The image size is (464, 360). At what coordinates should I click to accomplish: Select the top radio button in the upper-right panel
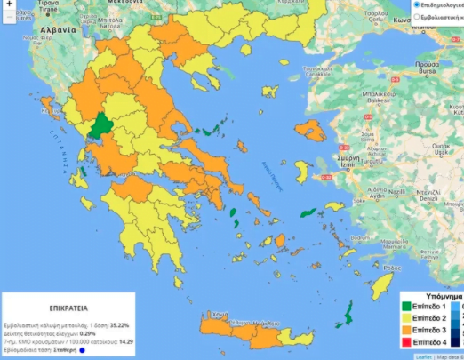point(417,4)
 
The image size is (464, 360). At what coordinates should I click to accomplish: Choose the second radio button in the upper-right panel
point(417,17)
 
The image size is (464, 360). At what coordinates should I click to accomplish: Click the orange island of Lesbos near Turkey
point(311,131)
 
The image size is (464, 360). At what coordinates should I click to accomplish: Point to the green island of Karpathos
point(349,312)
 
